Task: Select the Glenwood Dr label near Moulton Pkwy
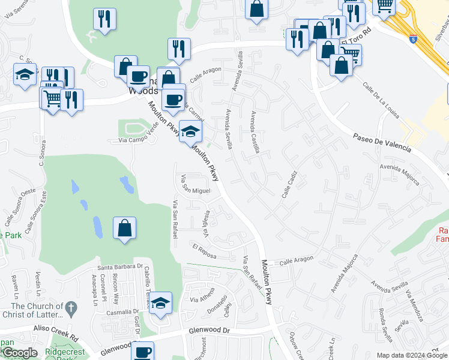coord(209,330)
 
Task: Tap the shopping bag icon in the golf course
coord(124,228)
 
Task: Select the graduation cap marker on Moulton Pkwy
coord(190,131)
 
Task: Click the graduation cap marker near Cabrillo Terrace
coord(160,303)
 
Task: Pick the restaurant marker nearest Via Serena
coord(105,19)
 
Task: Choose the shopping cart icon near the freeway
coord(384,6)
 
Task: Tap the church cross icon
coord(71,309)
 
